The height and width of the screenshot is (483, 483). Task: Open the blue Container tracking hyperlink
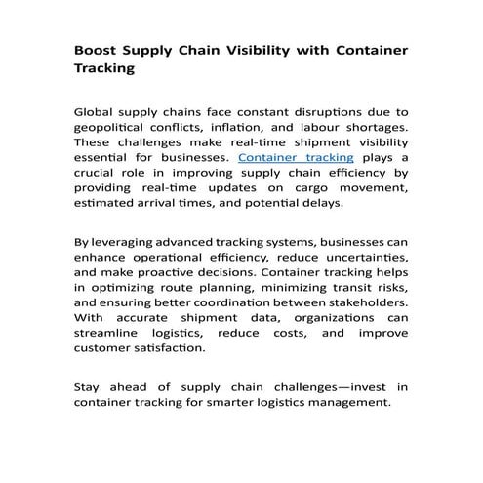pos(297,156)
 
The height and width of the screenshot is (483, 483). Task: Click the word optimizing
pos(123,288)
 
